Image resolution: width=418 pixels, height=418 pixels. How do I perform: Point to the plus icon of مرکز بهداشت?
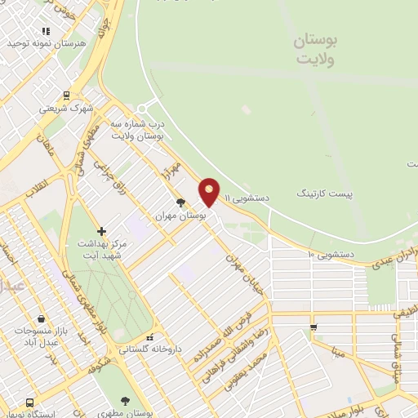tap(101, 232)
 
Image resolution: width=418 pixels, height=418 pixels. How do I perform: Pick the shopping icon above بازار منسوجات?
tap(41, 318)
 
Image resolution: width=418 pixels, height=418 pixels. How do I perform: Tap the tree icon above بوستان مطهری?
tap(124, 400)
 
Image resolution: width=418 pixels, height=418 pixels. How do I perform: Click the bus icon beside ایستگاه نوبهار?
tap(30, 402)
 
